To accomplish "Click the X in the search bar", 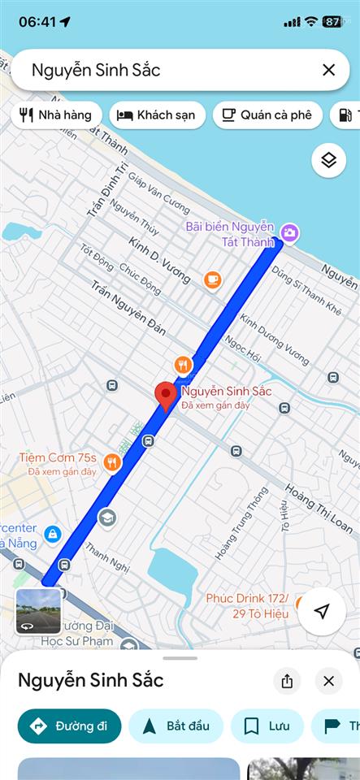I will pos(328,70).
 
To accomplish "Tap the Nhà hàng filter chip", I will pos(56,115).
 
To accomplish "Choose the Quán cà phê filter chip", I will pos(267,115).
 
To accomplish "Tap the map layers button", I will pos(328,160).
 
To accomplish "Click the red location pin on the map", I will pos(167,396).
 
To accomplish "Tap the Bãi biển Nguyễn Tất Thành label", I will pos(230,233).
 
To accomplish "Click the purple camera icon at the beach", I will pos(290,234).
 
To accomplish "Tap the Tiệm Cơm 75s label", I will pos(58,457).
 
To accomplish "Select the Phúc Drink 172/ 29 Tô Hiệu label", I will pos(247,605).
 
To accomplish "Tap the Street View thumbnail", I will pos(38,611).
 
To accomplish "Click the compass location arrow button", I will pos(322,611).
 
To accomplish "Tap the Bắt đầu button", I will pos(174,726).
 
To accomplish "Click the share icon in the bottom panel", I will pos(287,681).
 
